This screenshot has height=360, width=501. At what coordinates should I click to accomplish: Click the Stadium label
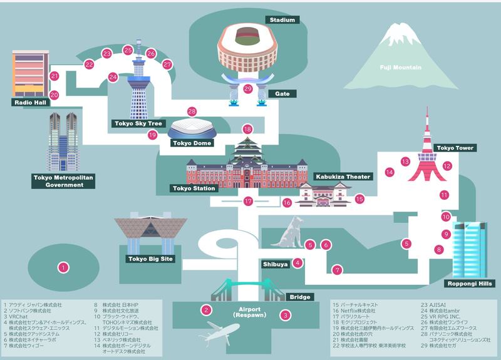coord(282,20)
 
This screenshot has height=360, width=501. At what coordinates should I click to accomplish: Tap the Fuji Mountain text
coord(400,68)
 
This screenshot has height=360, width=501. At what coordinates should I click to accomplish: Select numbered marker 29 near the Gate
coord(248,89)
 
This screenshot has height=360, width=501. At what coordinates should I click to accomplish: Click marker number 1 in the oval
coord(63,267)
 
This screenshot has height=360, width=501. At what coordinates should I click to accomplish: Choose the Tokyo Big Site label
coord(151,259)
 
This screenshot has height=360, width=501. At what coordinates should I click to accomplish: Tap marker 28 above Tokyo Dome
coord(192,111)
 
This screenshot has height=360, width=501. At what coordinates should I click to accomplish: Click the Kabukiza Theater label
coord(343,177)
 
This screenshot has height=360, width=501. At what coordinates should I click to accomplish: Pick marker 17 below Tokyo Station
coord(249,202)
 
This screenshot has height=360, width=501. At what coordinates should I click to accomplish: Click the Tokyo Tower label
coord(455,148)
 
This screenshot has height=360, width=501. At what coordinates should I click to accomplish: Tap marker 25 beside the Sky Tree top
coord(128,50)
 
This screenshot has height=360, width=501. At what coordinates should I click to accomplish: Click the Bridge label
coord(297,297)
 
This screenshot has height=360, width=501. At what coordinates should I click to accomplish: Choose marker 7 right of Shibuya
coord(338,270)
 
